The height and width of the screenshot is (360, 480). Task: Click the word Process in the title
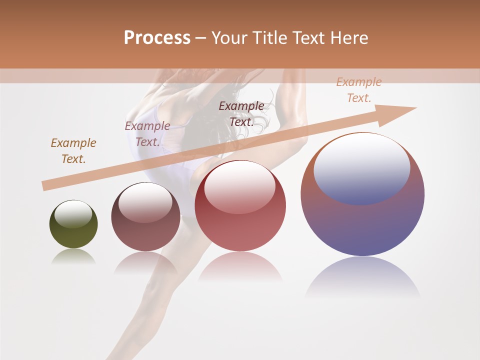click(157, 38)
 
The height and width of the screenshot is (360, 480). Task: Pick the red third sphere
click(240, 230)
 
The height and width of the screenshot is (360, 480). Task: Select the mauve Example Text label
click(147, 134)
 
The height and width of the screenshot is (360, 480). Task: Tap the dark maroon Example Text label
click(241, 114)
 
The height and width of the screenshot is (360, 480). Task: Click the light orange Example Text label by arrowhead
click(359, 90)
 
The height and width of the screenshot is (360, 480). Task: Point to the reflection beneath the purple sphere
click(362, 277)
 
